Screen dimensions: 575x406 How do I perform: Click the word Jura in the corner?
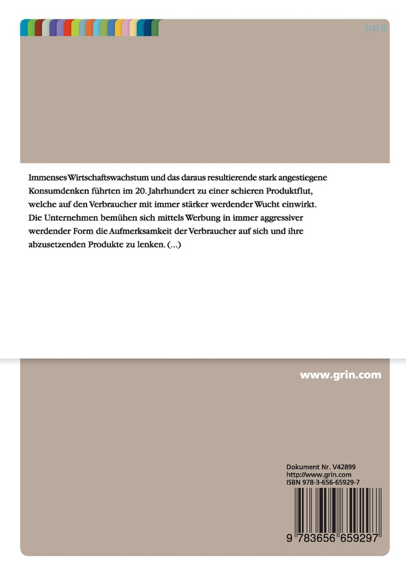pos(373,28)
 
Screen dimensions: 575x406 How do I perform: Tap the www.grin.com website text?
pos(341,375)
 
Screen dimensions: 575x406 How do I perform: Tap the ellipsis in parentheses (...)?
pos(174,245)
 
